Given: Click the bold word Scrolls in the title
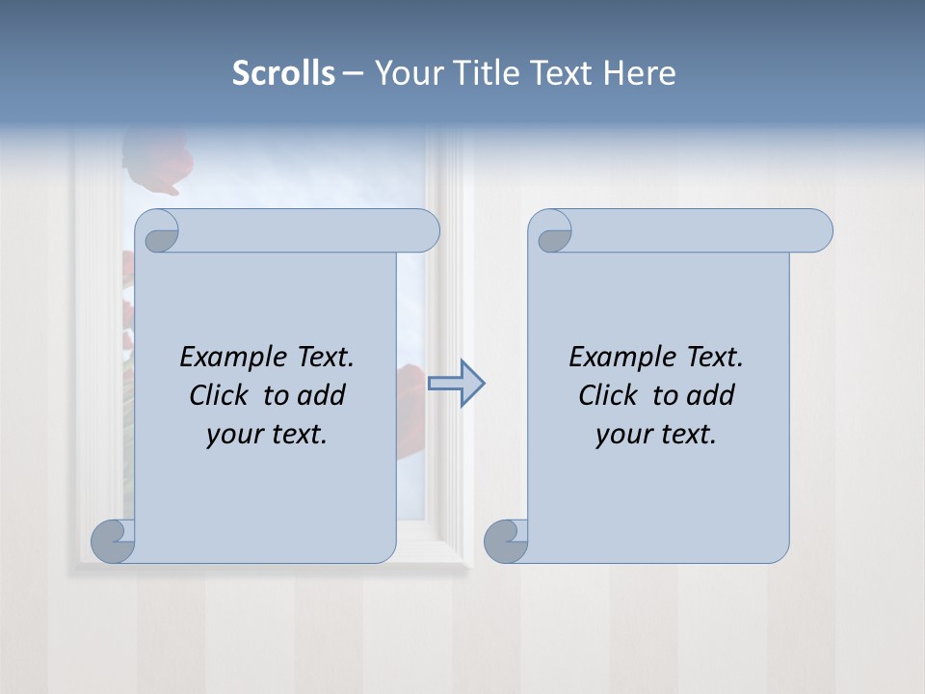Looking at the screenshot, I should coord(283,72).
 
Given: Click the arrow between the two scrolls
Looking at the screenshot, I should coord(456,384).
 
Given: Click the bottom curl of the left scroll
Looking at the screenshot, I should coord(113,541).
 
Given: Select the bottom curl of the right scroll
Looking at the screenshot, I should coord(506,541).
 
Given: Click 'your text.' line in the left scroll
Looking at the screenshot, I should coord(267,435).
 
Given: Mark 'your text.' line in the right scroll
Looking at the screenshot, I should coord(656,435).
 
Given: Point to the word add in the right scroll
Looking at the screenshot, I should coord(712,395).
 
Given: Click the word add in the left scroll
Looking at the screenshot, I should coord(323,395).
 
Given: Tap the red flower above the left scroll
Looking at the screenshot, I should coord(160,158).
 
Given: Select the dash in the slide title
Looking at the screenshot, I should coord(353,73).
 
